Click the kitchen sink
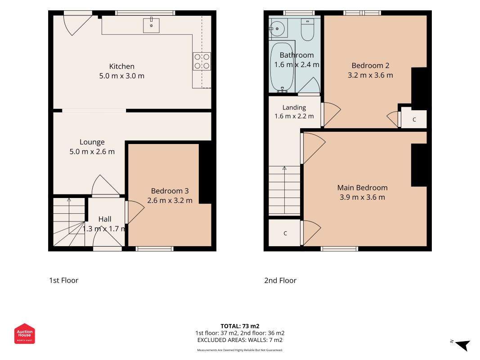point(151,25)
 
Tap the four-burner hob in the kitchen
point(202,61)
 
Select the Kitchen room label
point(122,67)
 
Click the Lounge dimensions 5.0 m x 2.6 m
point(92,152)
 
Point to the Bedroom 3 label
point(170,191)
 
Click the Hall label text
point(105,219)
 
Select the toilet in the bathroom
point(307,29)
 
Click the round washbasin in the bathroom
point(278,29)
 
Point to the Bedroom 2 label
point(370,66)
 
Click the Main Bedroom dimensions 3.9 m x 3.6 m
point(363,197)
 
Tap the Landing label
point(294,108)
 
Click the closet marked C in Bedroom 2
point(414,119)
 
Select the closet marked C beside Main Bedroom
point(285,233)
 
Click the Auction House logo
point(24,333)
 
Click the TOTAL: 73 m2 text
point(240,326)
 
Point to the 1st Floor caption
point(64,280)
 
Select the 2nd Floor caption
point(280,280)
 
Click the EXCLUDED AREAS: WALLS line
point(240,340)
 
